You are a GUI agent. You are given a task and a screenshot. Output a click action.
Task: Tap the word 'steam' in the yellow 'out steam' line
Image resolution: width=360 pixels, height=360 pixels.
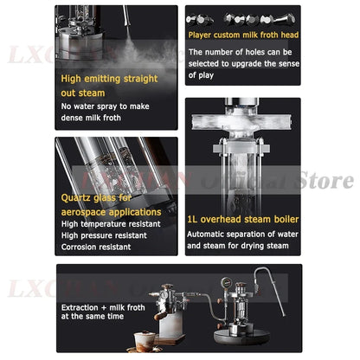pos(116,92)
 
